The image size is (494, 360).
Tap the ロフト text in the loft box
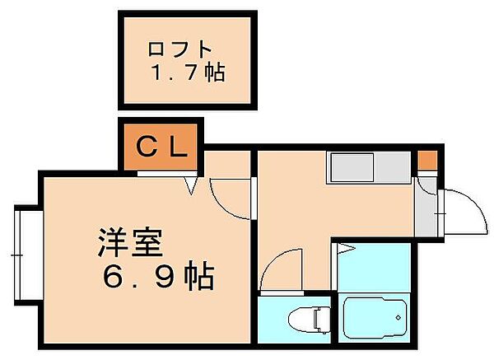[174, 48]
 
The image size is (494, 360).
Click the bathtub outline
[374, 318]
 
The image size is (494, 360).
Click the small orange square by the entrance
[426, 159]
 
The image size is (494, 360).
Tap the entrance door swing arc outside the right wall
[460, 213]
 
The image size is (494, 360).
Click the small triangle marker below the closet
[192, 186]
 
